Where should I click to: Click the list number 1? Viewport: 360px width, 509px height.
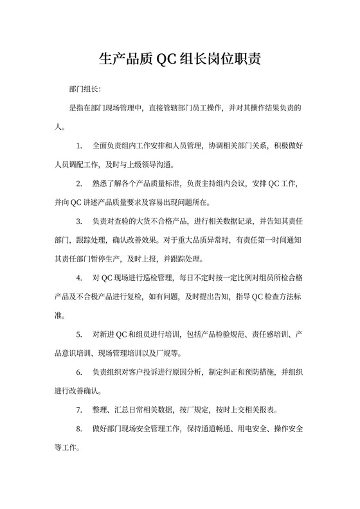tap(79, 147)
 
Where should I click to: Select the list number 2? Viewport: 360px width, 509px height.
tap(79, 184)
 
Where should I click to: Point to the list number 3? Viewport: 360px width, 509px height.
tap(79, 222)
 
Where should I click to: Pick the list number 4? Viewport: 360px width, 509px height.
tap(79, 278)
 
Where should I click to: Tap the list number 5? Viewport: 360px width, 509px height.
tap(79, 335)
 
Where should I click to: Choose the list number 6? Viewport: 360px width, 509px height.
tap(79, 372)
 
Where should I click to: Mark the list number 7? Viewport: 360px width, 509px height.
tap(79, 409)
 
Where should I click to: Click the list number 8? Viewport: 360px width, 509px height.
tap(79, 428)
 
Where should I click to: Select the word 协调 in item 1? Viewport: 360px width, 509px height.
tap(215, 147)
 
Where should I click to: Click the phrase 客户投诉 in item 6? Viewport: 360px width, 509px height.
tap(143, 372)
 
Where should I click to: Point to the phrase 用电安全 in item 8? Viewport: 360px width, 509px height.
tap(251, 428)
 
